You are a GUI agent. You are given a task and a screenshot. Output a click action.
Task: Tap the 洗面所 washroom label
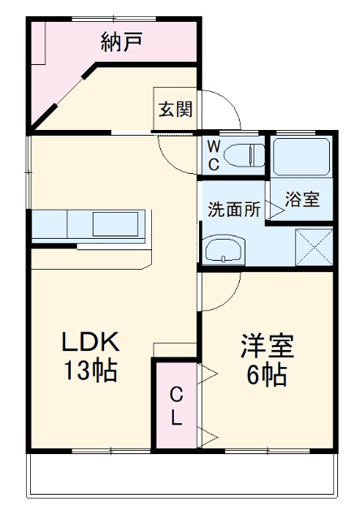233,209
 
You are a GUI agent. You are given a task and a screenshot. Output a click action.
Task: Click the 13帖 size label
91,372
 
